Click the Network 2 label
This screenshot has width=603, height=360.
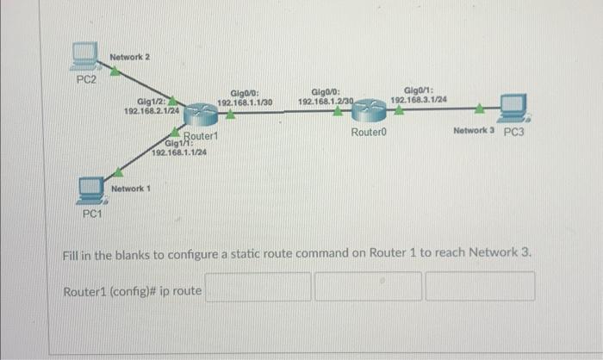tap(130, 57)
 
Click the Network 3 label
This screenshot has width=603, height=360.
tap(473, 132)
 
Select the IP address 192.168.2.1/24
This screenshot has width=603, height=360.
tap(152, 110)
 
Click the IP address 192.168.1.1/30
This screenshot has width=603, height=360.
tap(245, 102)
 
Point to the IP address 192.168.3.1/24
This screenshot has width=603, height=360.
tap(419, 100)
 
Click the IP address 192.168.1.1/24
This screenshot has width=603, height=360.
tap(178, 152)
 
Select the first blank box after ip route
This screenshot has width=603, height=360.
tap(257, 287)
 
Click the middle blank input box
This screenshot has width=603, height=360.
tap(367, 287)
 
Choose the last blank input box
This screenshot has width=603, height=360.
tap(479, 287)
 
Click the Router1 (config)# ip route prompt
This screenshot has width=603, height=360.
tap(133, 290)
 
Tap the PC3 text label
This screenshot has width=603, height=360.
tap(514, 133)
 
